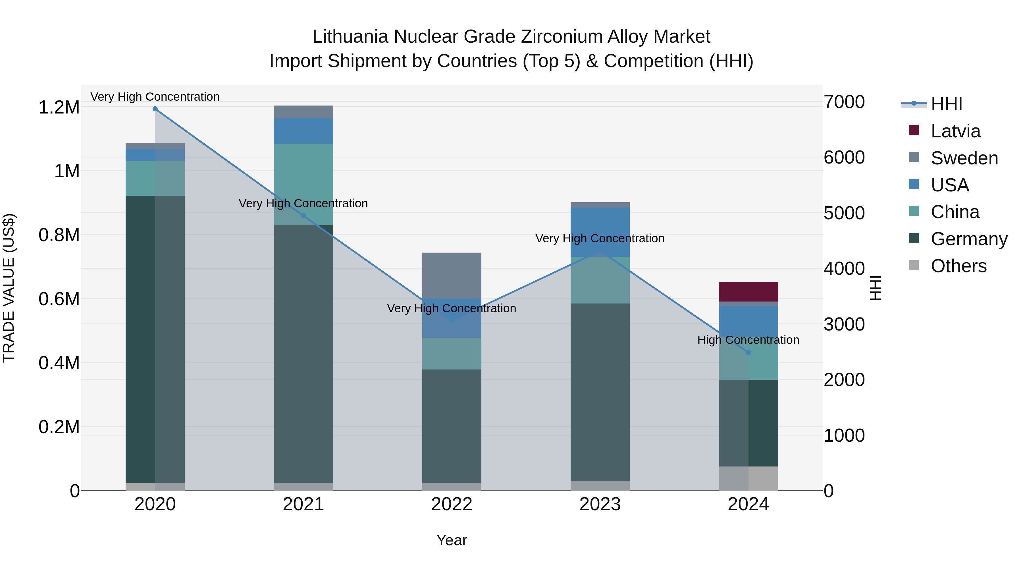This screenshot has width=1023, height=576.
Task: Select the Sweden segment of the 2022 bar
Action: coord(452,275)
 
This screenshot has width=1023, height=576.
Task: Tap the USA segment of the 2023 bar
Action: coord(600,232)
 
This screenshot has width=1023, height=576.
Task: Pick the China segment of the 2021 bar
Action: coord(303,184)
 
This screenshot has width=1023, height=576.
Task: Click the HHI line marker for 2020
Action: coord(155,109)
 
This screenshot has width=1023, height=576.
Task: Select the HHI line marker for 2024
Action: coord(748,353)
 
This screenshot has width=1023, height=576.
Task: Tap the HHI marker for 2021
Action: coord(303,216)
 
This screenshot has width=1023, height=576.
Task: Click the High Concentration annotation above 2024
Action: coord(748,340)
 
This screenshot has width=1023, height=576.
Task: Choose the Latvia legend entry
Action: coord(955,131)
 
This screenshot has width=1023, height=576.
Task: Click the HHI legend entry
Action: coord(946,104)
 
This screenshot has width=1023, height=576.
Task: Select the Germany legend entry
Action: coord(969,239)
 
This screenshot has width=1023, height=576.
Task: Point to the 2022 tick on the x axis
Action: coord(452,504)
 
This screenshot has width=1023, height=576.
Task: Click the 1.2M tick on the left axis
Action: coord(59,107)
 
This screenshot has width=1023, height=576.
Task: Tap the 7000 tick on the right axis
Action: coord(844,102)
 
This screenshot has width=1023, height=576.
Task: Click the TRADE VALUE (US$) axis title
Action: coord(9,288)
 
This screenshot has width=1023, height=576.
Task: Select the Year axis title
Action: coord(452,540)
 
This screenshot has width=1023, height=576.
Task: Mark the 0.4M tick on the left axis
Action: coord(59,363)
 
